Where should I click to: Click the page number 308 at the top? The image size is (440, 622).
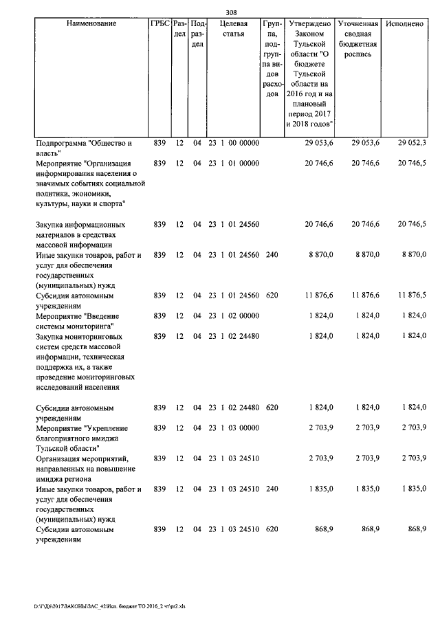tap(230, 11)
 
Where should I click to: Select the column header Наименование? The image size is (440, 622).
tap(91, 24)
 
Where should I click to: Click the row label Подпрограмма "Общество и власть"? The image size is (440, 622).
tap(82, 148)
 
